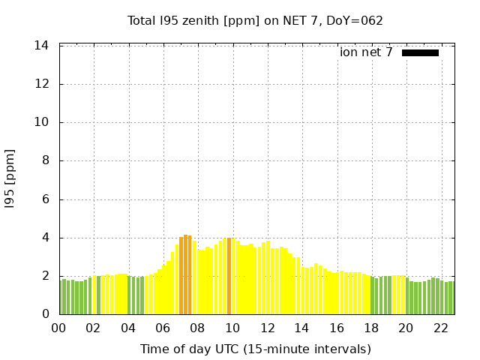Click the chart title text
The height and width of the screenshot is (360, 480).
pyautogui.click(x=255, y=21)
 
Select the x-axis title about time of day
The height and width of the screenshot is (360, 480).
pyautogui.click(x=255, y=349)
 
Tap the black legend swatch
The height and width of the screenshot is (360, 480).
pyautogui.click(x=420, y=52)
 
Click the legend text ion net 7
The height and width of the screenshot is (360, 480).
pyautogui.click(x=366, y=52)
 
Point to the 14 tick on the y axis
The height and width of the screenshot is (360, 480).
pyautogui.click(x=42, y=46)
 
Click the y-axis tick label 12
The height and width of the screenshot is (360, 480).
pyautogui.click(x=42, y=84)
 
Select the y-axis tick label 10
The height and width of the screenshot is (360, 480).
pyautogui.click(x=42, y=122)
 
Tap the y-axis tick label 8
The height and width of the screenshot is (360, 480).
pyautogui.click(x=45, y=160)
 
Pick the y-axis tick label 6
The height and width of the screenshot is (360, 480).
pyautogui.click(x=45, y=199)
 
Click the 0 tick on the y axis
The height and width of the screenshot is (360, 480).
pyautogui.click(x=45, y=314)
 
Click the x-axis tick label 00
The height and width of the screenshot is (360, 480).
pyautogui.click(x=58, y=328)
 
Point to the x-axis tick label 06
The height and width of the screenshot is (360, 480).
pyautogui.click(x=163, y=328)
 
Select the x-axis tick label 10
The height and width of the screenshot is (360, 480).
pyautogui.click(x=232, y=328)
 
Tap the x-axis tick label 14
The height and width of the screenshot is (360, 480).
pyautogui.click(x=302, y=328)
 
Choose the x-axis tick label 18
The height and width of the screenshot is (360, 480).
pyautogui.click(x=371, y=328)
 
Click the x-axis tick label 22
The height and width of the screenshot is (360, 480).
pyautogui.click(x=441, y=328)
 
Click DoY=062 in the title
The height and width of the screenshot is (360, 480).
pyautogui.click(x=356, y=21)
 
